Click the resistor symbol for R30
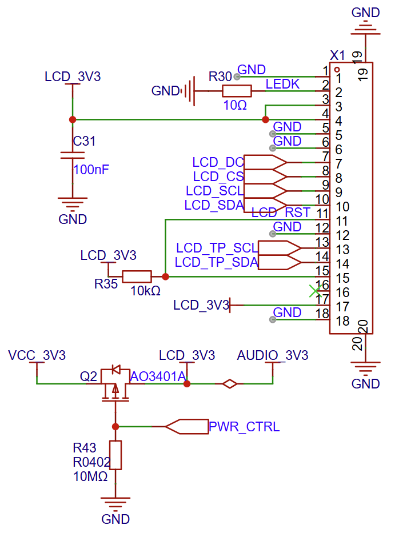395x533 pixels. tap(236, 91)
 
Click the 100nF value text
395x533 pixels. tap(91, 169)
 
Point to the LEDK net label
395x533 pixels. tap(282, 84)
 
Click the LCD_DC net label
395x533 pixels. tap(218, 162)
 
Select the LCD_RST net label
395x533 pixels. tap(281, 213)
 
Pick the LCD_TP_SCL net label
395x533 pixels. tap(217, 248)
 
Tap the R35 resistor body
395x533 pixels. tap(137, 276)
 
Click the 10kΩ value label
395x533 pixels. tap(145, 291)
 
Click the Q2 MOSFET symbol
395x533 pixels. tap(115, 384)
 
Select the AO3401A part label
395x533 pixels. tap(158, 376)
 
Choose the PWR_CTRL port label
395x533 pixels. tap(244, 427)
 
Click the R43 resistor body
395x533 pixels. tap(115, 455)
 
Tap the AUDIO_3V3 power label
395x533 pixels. tap(273, 355)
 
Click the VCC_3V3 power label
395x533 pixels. tap(37, 355)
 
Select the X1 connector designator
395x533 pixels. tap(338, 55)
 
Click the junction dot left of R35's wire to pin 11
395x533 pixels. tap(165, 276)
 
